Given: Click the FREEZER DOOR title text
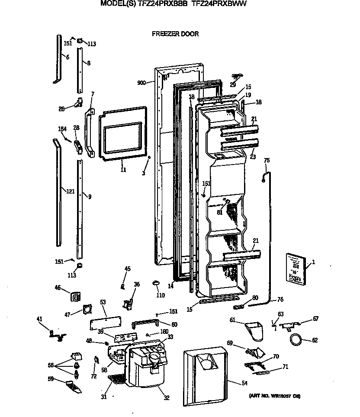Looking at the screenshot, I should tap(175, 34).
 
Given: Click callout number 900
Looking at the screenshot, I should tap(141, 83).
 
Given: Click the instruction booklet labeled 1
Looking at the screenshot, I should tap(295, 268).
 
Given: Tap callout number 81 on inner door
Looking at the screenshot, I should tap(220, 212).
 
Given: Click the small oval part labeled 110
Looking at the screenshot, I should tap(157, 283).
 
